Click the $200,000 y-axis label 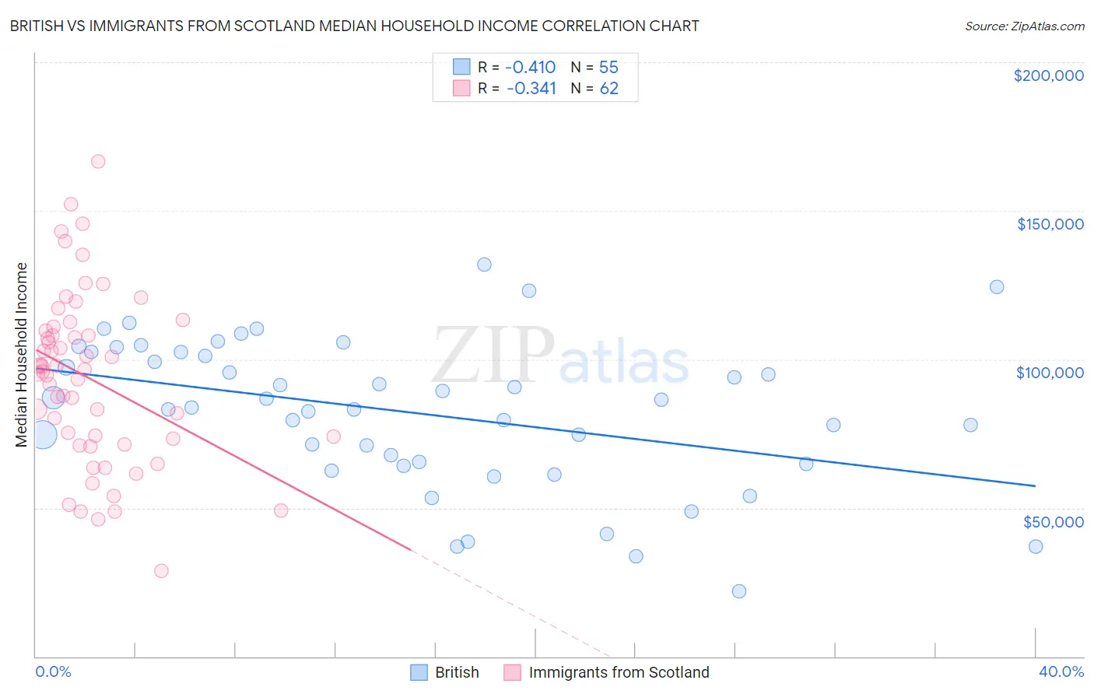click(1048, 75)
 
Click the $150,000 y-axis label click(1050, 224)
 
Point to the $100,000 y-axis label click(1050, 373)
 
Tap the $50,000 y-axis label click(1053, 521)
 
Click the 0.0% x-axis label click(53, 671)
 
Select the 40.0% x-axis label click(1061, 671)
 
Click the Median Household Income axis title click(21, 355)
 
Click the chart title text click(354, 26)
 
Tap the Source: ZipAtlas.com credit click(1024, 26)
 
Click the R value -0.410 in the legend click(531, 67)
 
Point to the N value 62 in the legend click(608, 89)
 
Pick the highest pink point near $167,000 click(98, 162)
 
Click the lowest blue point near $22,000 click(739, 591)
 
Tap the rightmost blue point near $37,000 click(1036, 546)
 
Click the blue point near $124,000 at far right click(997, 287)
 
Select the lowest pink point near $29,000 click(161, 571)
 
